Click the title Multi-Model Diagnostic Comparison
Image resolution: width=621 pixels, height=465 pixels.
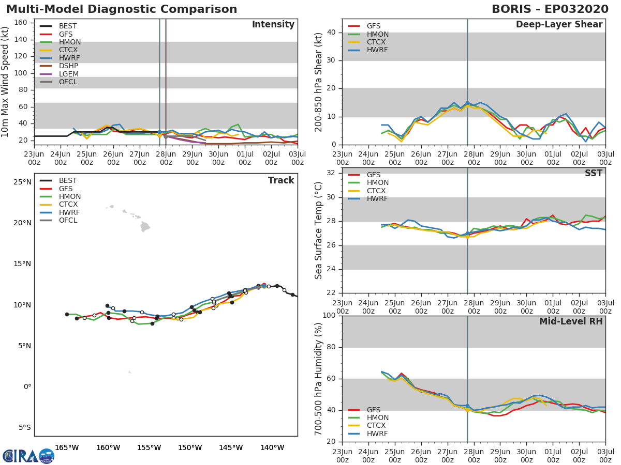122,9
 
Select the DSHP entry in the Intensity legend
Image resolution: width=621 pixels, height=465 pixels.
68,66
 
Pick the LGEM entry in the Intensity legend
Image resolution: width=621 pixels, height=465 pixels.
68,74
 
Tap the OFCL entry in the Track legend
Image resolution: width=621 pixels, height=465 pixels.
68,221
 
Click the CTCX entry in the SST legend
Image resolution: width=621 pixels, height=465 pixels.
377,191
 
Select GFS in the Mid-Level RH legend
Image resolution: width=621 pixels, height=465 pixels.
373,410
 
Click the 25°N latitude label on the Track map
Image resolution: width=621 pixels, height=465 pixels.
22,182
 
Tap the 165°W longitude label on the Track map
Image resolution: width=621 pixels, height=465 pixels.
66,447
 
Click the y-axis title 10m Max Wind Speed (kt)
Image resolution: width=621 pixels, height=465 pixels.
6,83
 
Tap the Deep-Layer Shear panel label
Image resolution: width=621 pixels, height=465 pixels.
559,25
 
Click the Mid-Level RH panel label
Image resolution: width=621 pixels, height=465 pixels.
571,321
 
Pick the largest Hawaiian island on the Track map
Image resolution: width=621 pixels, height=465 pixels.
145,226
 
